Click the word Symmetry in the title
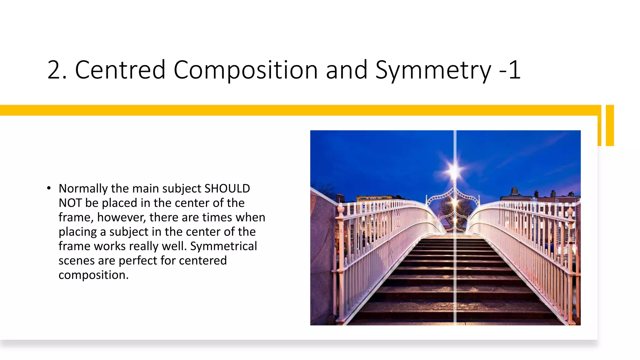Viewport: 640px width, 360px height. tap(433, 70)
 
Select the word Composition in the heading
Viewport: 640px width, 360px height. tap(245, 70)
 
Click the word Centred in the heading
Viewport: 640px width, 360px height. tap(120, 70)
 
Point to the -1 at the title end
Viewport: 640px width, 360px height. tap(509, 70)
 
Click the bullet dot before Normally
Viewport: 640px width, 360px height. tap(49, 188)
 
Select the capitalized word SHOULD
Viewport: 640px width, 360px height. tap(227, 188)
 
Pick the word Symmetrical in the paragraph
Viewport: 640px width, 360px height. tap(223, 246)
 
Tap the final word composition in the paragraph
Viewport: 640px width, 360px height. tap(93, 275)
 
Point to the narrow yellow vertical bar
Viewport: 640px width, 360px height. tap(610, 125)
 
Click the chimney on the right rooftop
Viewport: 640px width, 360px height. tap(514, 191)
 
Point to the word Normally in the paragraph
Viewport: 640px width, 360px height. tap(83, 188)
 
